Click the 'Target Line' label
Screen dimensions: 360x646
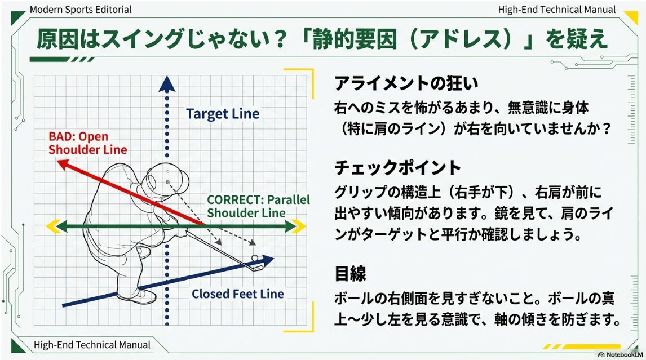point(223,114)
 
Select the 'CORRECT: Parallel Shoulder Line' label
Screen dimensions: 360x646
point(258,206)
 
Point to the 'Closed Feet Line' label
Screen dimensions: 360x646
point(237,294)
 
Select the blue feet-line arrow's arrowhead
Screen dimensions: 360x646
point(268,260)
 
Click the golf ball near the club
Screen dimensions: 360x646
point(255,258)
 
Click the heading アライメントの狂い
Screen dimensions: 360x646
point(406,84)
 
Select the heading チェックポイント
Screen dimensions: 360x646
point(397,168)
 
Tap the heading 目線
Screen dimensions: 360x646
point(350,274)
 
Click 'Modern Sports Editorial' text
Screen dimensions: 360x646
point(81,10)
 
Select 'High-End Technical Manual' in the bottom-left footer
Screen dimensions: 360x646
point(92,344)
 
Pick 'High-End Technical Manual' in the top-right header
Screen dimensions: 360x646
point(557,10)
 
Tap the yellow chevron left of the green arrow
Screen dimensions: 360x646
point(53,226)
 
